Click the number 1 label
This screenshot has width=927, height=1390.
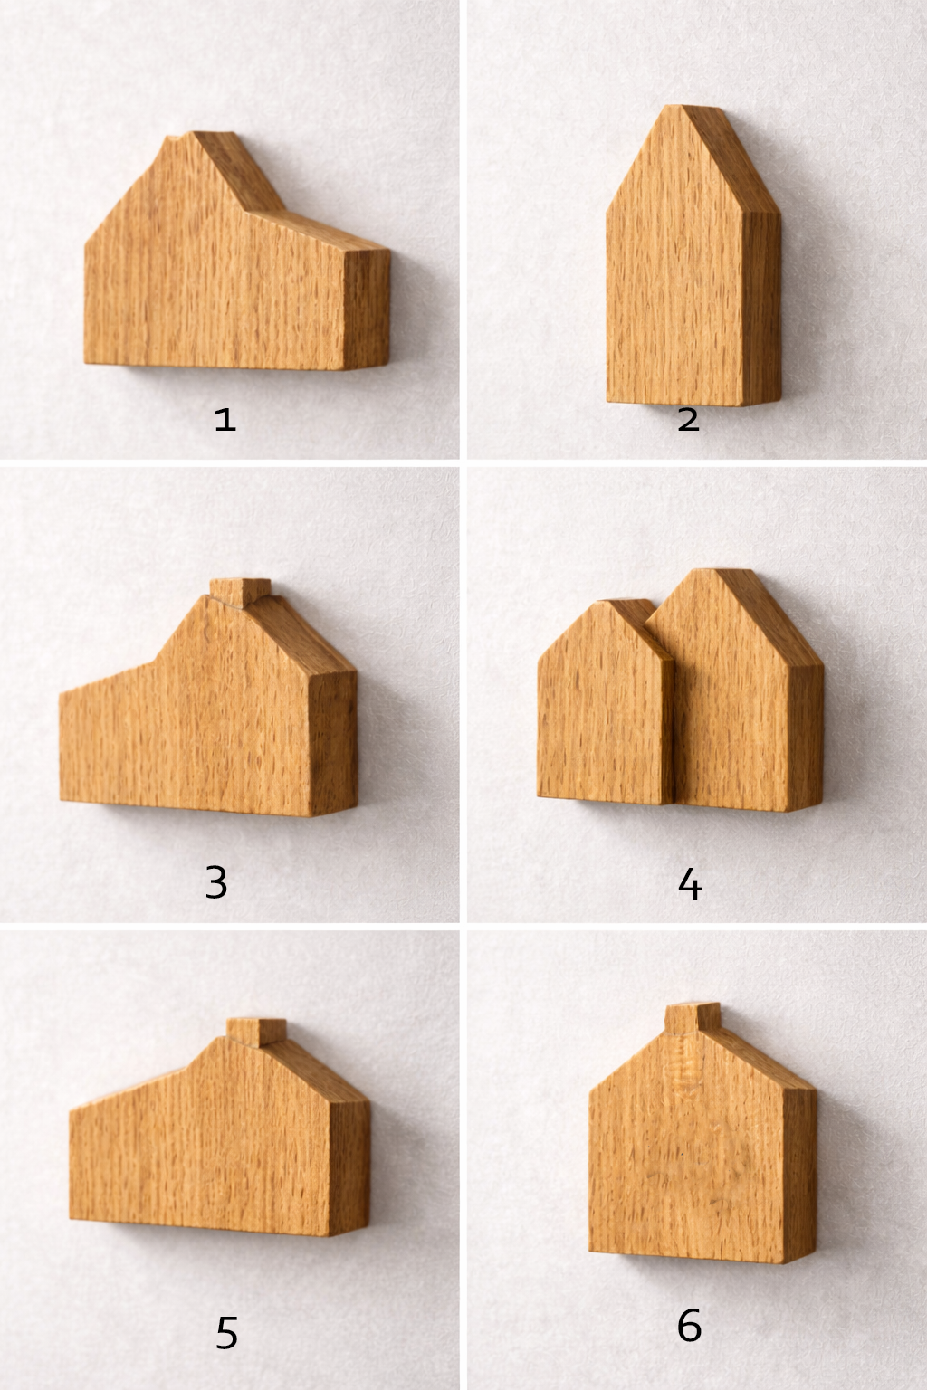coord(225,420)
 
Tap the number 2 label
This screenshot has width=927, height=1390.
coord(689,420)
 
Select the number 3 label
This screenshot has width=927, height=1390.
coord(216,881)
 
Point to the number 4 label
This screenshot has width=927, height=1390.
coord(690,883)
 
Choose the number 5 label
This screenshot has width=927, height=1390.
coord(226,1332)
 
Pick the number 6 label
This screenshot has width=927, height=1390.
coord(689,1325)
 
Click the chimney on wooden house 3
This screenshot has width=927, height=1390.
coord(240,589)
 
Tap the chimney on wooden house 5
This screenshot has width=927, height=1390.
coord(256,1032)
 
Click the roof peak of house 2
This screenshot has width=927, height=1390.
coord(682,106)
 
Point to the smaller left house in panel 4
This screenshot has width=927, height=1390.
coord(606,702)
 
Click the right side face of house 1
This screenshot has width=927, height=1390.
coord(368,309)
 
